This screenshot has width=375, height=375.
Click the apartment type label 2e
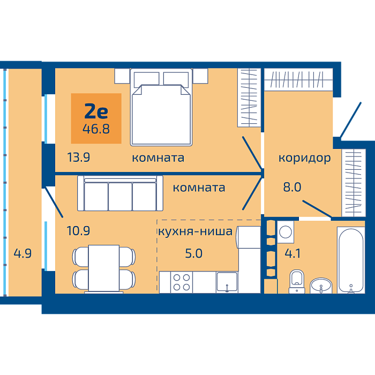click(96, 111)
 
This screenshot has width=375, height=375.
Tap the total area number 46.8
click(96, 129)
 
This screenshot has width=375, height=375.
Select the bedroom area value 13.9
click(78, 157)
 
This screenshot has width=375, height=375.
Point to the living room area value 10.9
click(78, 231)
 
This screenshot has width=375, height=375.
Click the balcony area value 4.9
click(22, 253)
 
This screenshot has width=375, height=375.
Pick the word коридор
click(304, 159)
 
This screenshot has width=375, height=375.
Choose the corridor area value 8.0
click(292, 187)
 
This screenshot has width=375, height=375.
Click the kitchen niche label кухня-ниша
click(195, 231)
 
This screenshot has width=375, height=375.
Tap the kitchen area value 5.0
click(194, 253)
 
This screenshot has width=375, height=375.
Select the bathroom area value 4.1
click(292, 253)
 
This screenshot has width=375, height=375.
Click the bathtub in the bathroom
click(351, 260)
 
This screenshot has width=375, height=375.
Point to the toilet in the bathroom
click(297, 281)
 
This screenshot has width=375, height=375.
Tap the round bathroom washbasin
click(321, 286)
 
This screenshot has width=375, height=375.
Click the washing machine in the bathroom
click(286, 232)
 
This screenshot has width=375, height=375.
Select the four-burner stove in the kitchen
click(182, 282)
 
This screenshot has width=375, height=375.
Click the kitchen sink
click(227, 282)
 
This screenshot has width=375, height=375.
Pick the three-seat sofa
click(120, 193)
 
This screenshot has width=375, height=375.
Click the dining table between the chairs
click(104, 268)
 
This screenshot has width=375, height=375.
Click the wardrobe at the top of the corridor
click(298, 79)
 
